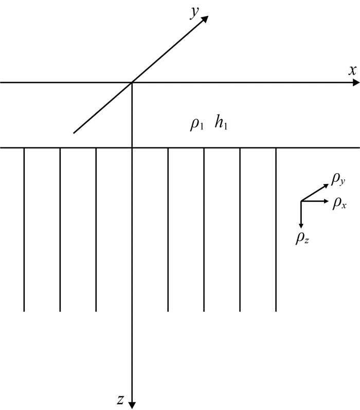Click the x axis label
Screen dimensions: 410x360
click(x=352, y=71)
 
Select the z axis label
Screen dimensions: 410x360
click(x=120, y=399)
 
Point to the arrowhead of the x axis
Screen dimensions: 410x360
click(x=356, y=82)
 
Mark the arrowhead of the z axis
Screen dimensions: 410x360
click(x=132, y=404)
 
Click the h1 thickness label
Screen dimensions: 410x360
click(x=221, y=124)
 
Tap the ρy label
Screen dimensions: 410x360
click(x=338, y=178)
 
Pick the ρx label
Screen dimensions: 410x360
click(x=339, y=203)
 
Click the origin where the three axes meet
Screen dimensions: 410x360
click(x=132, y=82)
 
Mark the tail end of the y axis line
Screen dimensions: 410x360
click(x=74, y=133)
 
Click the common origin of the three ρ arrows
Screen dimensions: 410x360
click(x=301, y=201)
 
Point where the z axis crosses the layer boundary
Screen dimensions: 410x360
click(x=132, y=148)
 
